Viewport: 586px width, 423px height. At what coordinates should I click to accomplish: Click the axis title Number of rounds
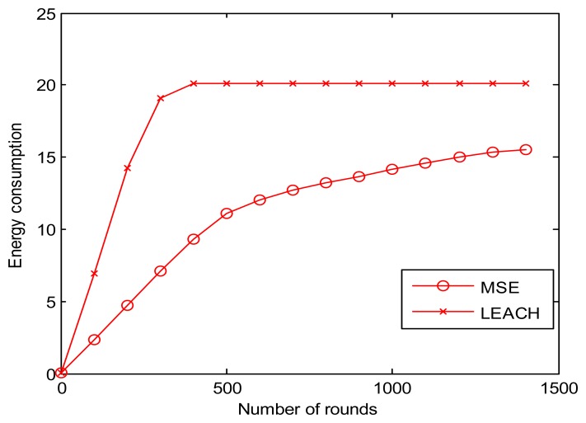(309, 408)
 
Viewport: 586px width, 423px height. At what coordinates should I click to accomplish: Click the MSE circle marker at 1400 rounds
(526, 149)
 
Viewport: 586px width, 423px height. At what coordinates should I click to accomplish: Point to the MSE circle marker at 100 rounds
(94, 340)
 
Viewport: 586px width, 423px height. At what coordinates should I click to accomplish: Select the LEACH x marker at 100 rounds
(94, 273)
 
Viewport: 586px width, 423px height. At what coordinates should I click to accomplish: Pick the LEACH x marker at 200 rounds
(127, 168)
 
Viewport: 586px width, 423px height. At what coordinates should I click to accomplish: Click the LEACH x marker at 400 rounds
(194, 83)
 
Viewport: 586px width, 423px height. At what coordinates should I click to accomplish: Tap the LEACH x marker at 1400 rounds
(526, 83)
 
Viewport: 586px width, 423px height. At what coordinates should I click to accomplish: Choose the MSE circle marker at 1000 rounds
(392, 169)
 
